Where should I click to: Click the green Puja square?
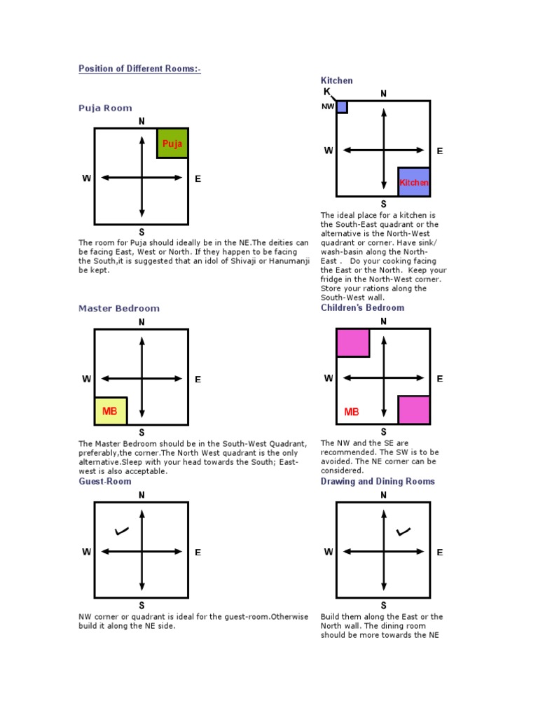[172, 143]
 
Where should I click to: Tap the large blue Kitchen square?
[414, 181]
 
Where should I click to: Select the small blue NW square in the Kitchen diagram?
[342, 107]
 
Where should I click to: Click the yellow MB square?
[111, 410]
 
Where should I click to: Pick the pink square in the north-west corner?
[353, 342]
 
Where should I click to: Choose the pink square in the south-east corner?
[414, 410]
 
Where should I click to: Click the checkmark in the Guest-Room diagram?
[122, 531]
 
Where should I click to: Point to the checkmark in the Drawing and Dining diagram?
[403, 531]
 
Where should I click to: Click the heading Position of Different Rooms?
[139, 69]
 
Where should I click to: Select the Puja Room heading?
[105, 108]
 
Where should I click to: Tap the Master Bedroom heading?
[119, 308]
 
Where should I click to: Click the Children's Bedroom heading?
[362, 307]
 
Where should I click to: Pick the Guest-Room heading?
[104, 482]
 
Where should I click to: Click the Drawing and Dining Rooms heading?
[378, 482]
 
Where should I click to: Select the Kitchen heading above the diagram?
[337, 81]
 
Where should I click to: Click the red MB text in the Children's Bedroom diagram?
[352, 412]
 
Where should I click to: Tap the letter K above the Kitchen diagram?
[326, 92]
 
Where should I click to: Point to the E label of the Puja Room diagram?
[198, 179]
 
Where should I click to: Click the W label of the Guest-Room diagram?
[87, 552]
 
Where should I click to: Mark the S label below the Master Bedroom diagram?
[142, 432]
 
